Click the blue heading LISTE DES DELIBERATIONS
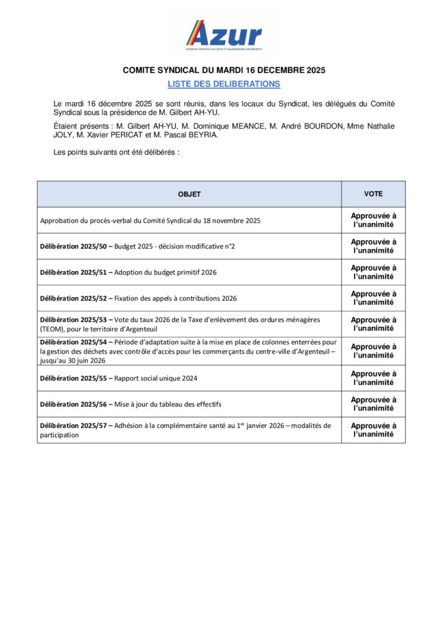pos(224,84)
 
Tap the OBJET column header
pos(189,194)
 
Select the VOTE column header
pos(373,194)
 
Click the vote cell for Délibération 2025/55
pos(373,378)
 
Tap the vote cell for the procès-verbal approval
pos(373,220)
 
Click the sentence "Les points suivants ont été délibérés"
pos(116,152)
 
